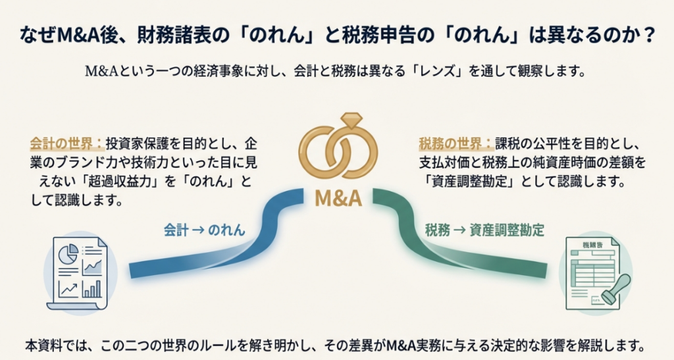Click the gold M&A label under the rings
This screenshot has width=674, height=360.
tap(338, 198)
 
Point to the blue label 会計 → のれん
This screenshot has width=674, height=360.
tap(204, 230)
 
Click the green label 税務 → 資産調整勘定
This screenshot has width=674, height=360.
tap(484, 230)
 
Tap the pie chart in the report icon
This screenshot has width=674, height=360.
tap(68, 253)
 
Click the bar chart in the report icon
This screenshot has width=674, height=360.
tap(92, 289)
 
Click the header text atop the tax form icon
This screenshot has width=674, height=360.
tap(592, 245)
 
